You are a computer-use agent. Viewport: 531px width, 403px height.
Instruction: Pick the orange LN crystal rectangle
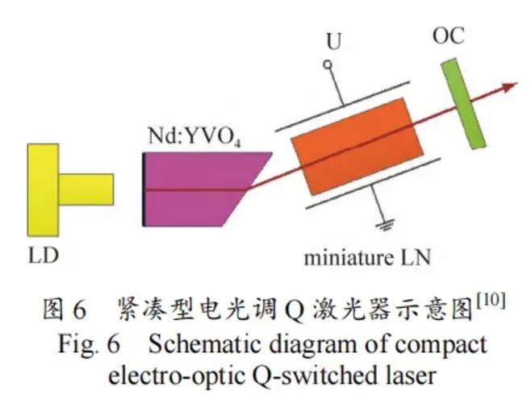(356, 158)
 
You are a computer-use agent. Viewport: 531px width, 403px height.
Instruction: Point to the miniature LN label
(366, 258)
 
